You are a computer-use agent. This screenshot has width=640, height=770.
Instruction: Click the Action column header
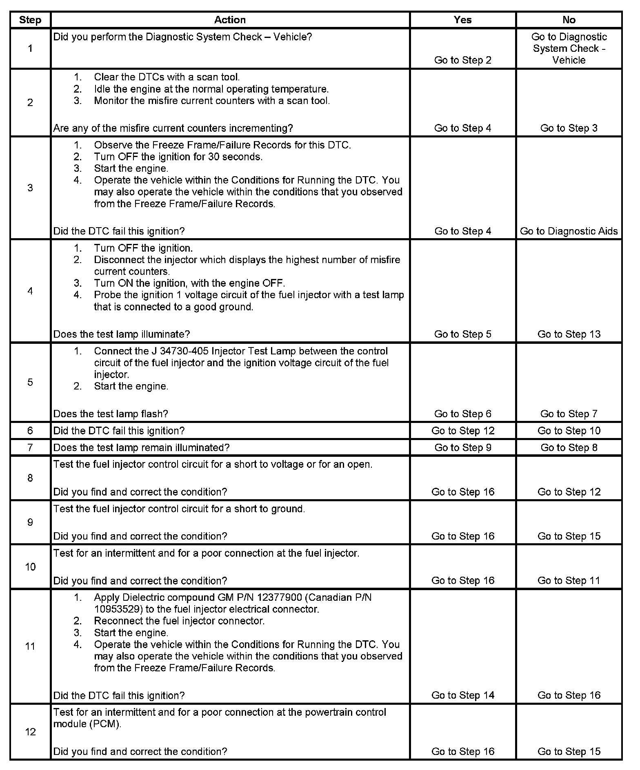pos(230,20)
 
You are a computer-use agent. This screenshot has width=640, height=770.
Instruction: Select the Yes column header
pos(462,20)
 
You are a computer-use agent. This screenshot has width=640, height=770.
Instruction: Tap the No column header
pos(569,20)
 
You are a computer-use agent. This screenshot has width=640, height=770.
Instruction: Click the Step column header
pos(30,20)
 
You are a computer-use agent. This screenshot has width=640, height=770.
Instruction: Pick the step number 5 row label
pos(30,382)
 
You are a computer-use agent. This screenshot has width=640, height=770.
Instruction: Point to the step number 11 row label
pos(30,646)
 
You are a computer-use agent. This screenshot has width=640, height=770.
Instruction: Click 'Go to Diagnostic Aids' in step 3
pos(569,231)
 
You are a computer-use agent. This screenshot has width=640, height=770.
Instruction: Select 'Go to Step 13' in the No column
pos(569,334)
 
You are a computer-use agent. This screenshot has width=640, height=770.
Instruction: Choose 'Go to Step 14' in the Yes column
pos(462,695)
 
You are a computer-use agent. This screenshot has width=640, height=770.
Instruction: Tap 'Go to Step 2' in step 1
pos(462,60)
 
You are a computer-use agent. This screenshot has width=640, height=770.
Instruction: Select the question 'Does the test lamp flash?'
pos(111,414)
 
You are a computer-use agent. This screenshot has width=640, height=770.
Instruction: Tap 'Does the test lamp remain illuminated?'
pos(141,448)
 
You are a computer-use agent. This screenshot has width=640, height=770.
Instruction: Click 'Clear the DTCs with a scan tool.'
pos(167,77)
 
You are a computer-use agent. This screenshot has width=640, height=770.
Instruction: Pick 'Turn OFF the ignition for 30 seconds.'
pos(178,157)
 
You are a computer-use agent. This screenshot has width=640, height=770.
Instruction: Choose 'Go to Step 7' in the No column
pos(569,414)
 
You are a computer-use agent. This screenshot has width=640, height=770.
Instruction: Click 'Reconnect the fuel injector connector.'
pos(179,621)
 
